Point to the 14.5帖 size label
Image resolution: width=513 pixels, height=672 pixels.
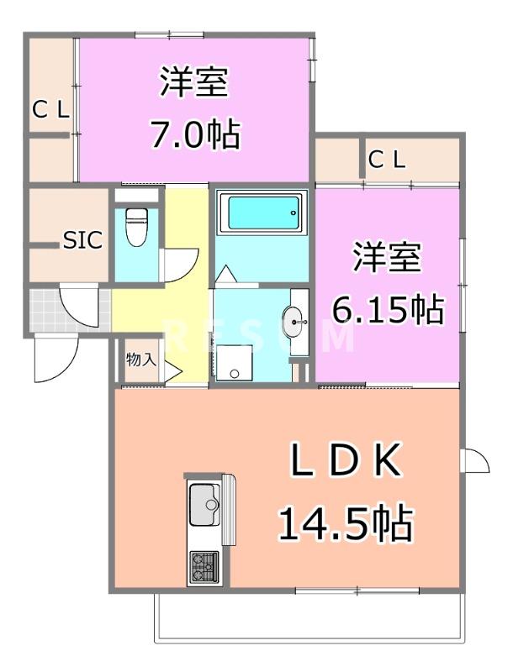(345, 524)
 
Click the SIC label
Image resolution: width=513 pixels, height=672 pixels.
(83, 240)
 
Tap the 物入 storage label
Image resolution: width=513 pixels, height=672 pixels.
(140, 360)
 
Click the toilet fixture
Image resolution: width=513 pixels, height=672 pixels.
(135, 225)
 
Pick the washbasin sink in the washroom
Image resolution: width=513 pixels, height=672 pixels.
(294, 320)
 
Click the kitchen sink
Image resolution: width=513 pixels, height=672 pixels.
(204, 507)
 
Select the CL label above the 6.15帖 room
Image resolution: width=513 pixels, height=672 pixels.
(388, 159)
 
